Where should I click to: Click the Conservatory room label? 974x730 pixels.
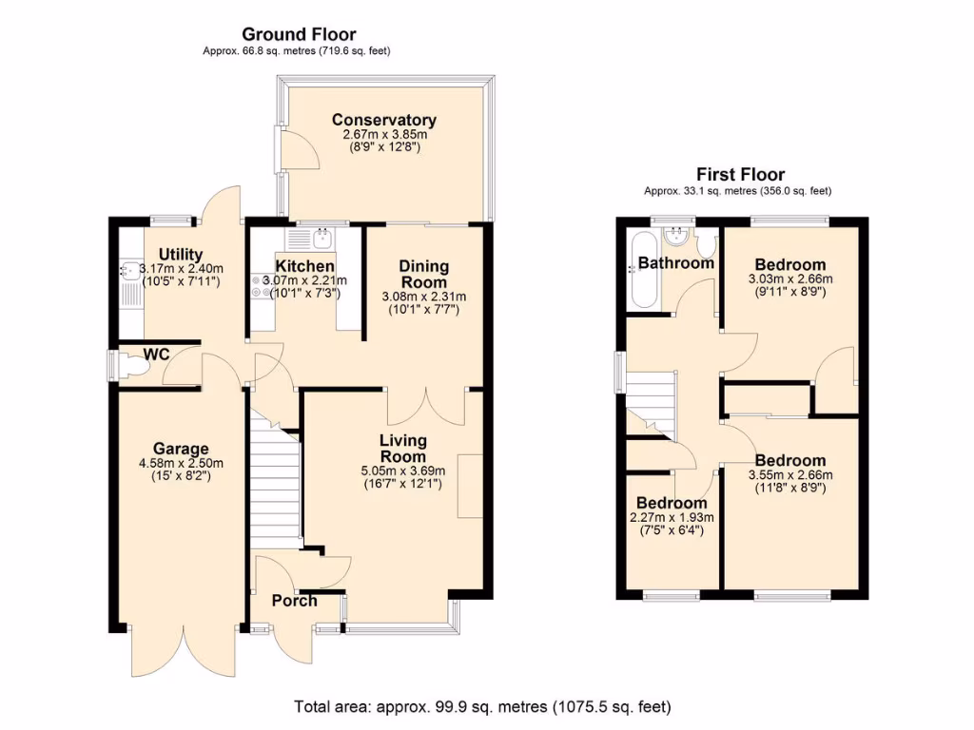click(383, 120)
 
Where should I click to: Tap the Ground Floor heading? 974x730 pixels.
click(298, 35)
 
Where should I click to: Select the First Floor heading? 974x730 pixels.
click(740, 174)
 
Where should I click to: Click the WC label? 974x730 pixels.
click(156, 355)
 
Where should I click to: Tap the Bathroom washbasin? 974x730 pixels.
click(679, 234)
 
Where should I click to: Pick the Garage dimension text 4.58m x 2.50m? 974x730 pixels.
click(180, 463)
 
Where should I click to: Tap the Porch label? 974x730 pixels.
click(295, 600)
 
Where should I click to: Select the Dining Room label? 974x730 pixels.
click(423, 274)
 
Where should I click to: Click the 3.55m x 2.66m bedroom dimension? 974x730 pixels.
click(789, 475)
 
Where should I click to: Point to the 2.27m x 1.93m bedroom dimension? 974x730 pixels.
click(672, 517)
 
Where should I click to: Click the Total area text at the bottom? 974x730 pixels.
click(482, 707)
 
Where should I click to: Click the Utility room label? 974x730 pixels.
click(180, 254)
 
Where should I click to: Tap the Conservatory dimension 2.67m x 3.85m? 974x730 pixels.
click(383, 135)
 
